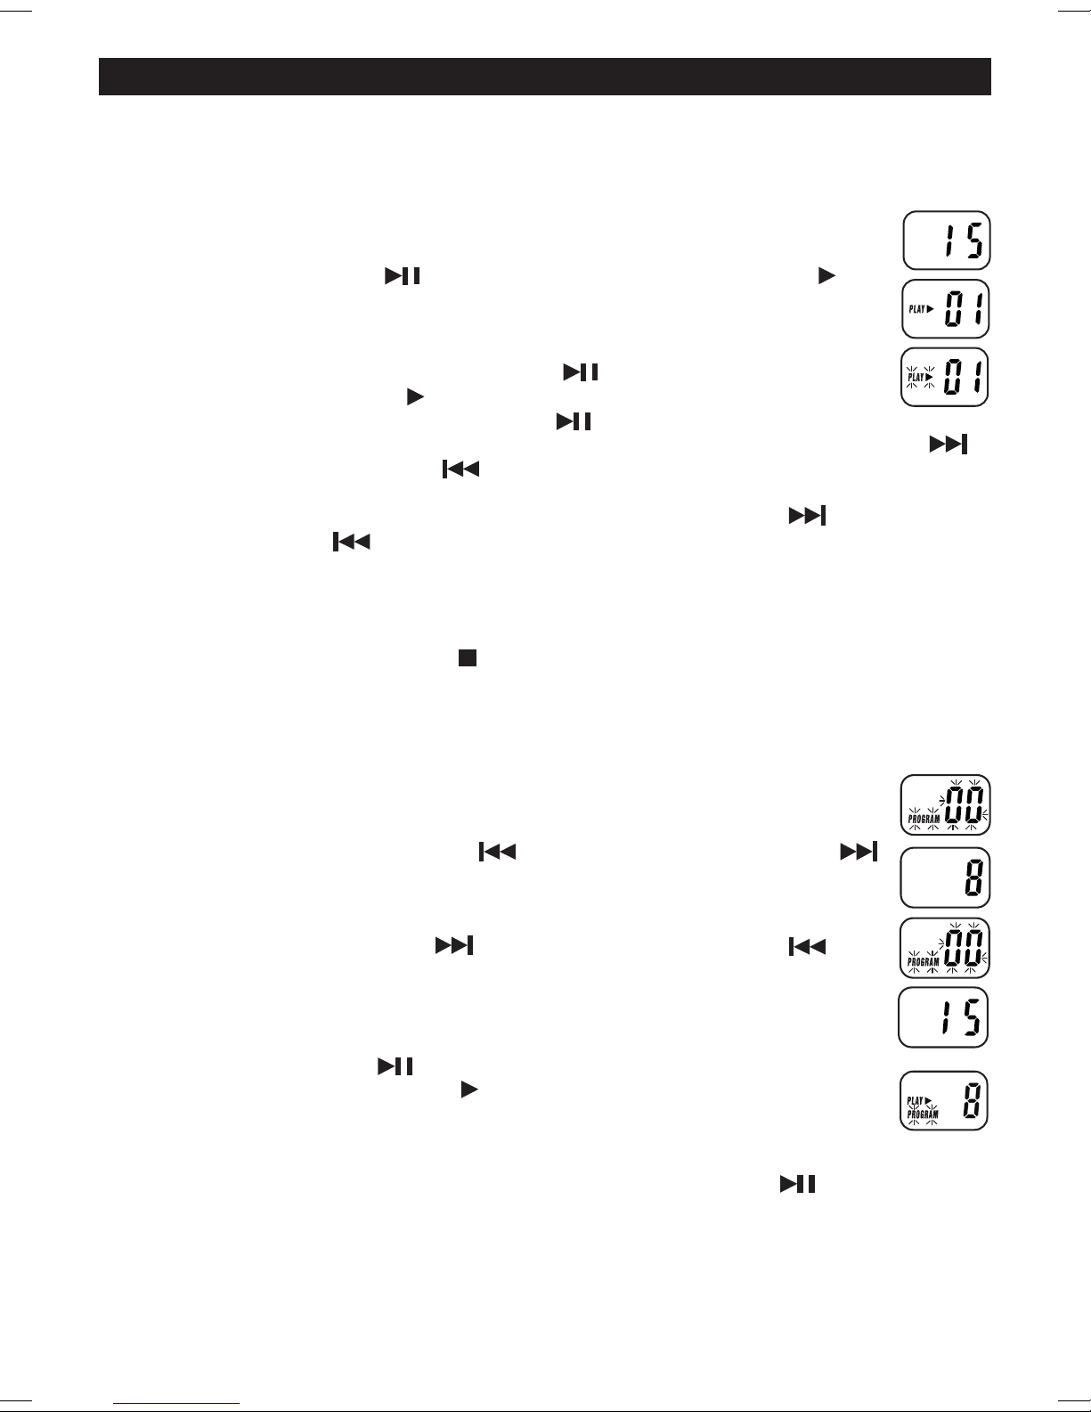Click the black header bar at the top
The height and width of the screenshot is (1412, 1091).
[x=544, y=77]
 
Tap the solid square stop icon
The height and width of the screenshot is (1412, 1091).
[x=468, y=657]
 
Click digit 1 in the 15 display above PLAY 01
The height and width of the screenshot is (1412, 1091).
[x=949, y=241]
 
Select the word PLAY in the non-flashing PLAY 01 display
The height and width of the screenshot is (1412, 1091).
[x=916, y=309]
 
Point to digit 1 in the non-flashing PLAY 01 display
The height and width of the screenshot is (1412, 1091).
[x=973, y=309]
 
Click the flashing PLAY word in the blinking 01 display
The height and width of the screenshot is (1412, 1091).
[x=916, y=377]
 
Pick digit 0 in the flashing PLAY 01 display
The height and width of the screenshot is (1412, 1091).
[x=953, y=377]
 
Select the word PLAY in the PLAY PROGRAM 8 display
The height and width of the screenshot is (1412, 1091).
[x=916, y=1101]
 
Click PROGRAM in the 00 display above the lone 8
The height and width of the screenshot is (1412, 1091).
[x=924, y=817]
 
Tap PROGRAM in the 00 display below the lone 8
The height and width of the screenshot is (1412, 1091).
[x=924, y=962]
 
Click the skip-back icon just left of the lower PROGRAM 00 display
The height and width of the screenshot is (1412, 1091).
[x=806, y=946]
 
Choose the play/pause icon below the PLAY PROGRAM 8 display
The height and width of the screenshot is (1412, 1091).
[x=798, y=1184]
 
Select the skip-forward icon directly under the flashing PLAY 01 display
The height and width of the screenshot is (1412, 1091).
[x=949, y=445]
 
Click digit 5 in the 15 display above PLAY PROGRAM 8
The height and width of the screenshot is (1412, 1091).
[x=972, y=1017]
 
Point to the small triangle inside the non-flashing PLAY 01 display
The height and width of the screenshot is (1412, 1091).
[x=930, y=309]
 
